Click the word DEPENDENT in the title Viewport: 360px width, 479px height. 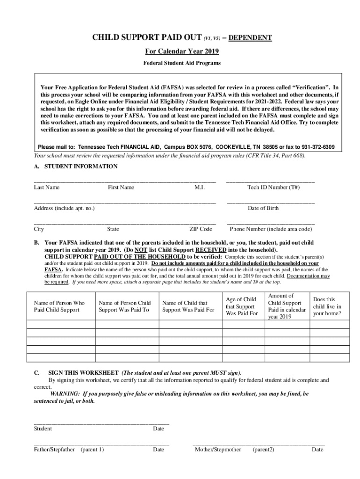250,38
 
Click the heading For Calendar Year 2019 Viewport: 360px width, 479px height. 180,51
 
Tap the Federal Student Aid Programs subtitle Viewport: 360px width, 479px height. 180,63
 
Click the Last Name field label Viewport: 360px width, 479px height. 47,187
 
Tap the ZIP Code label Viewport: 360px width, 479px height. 201,229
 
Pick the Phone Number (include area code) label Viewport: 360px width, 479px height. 271,229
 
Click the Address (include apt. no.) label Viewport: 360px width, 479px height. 64,208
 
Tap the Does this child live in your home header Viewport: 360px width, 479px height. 327,306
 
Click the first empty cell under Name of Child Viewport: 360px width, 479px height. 188,325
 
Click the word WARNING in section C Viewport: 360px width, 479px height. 66,394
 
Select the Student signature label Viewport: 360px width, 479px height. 43,428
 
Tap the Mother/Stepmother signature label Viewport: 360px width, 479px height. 218,450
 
